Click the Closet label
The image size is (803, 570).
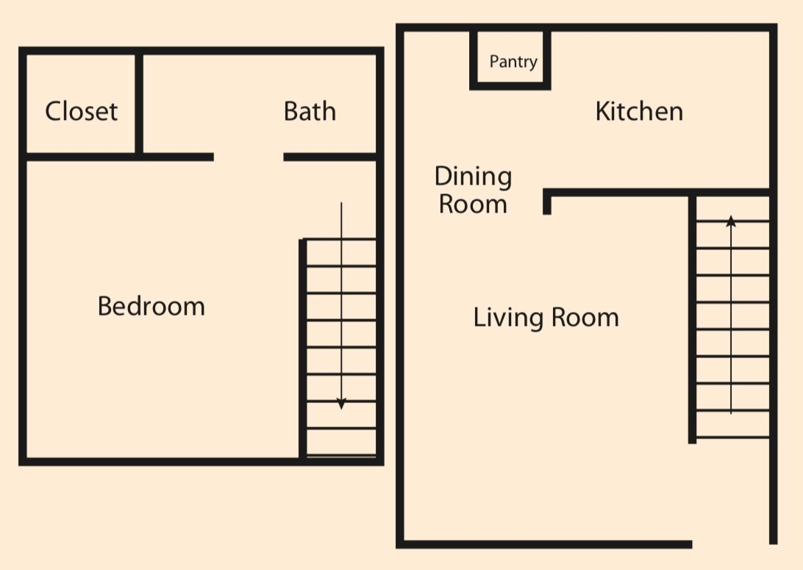tap(81, 112)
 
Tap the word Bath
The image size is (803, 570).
tap(310, 112)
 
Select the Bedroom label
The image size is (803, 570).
tap(151, 306)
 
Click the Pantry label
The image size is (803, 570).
tap(513, 63)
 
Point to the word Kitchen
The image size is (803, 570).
tap(638, 112)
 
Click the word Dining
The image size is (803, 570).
tap(473, 177)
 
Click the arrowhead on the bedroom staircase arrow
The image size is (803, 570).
tap(341, 404)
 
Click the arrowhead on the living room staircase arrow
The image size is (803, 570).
tap(731, 220)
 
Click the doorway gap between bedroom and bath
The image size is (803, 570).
tap(249, 157)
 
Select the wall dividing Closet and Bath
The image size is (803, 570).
tap(138, 103)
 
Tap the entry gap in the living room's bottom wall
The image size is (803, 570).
tap(732, 544)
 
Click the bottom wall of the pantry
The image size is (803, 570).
tap(510, 86)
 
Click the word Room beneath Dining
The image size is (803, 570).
tap(473, 204)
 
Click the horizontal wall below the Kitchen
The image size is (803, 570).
tap(654, 193)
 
